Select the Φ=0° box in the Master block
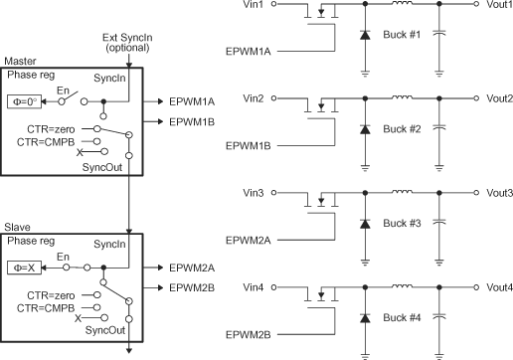click(24, 101)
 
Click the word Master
click(21, 62)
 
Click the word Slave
click(18, 228)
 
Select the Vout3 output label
click(499, 193)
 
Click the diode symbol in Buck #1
click(368, 36)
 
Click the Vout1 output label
click(499, 6)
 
